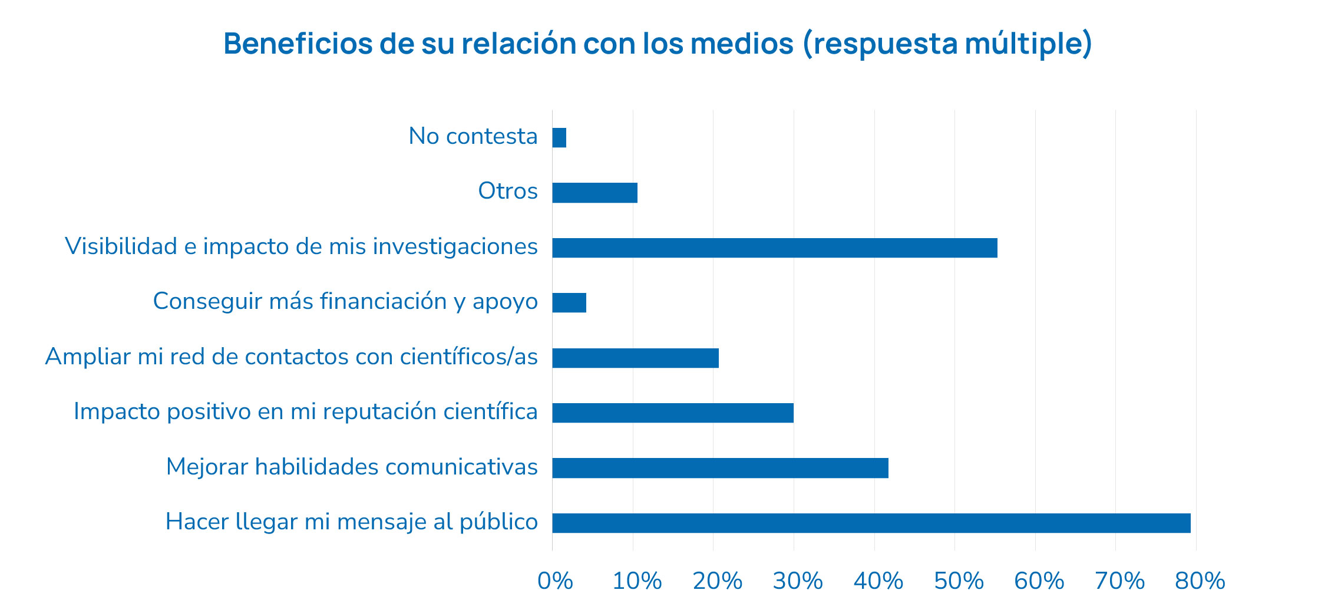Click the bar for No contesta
tap(559, 138)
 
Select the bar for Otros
tap(594, 193)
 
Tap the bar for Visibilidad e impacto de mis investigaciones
tap(774, 248)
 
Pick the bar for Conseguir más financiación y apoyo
tap(569, 303)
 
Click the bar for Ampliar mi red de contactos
tap(635, 358)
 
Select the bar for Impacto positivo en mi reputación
tap(672, 413)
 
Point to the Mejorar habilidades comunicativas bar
tap(720, 468)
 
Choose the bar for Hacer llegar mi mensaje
tap(871, 523)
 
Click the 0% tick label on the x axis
tap(555, 582)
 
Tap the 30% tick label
tap(798, 582)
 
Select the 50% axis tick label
tap(959, 582)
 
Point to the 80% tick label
tap(1200, 582)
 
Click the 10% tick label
tap(637, 582)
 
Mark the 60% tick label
tap(1039, 582)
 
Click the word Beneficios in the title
tap(298, 44)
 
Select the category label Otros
tap(507, 192)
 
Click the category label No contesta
tap(473, 137)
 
